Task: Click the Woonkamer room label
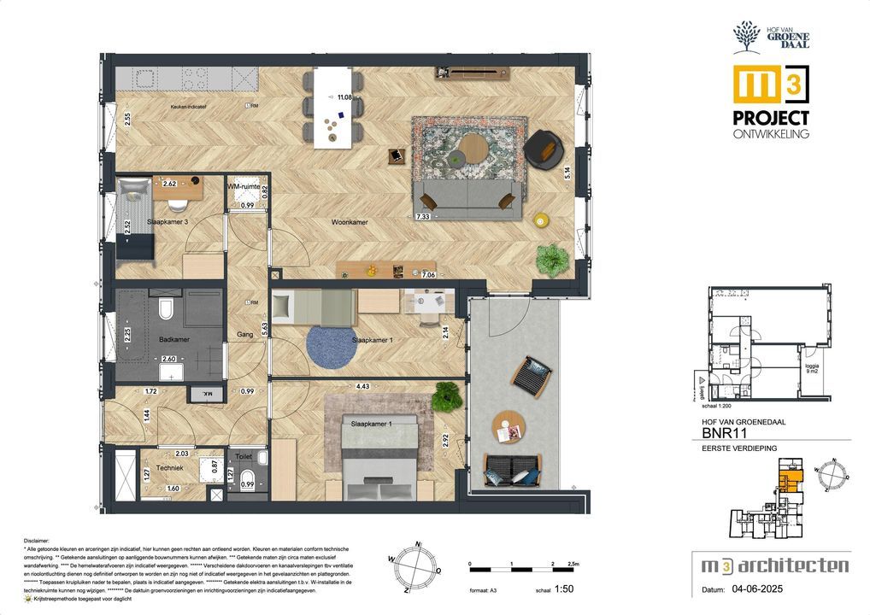point(350,222)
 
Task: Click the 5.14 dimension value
point(567,175)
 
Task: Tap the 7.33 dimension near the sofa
point(422,218)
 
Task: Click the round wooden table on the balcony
point(508,426)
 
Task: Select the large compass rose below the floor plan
point(416,567)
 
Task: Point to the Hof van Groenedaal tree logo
point(746,38)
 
